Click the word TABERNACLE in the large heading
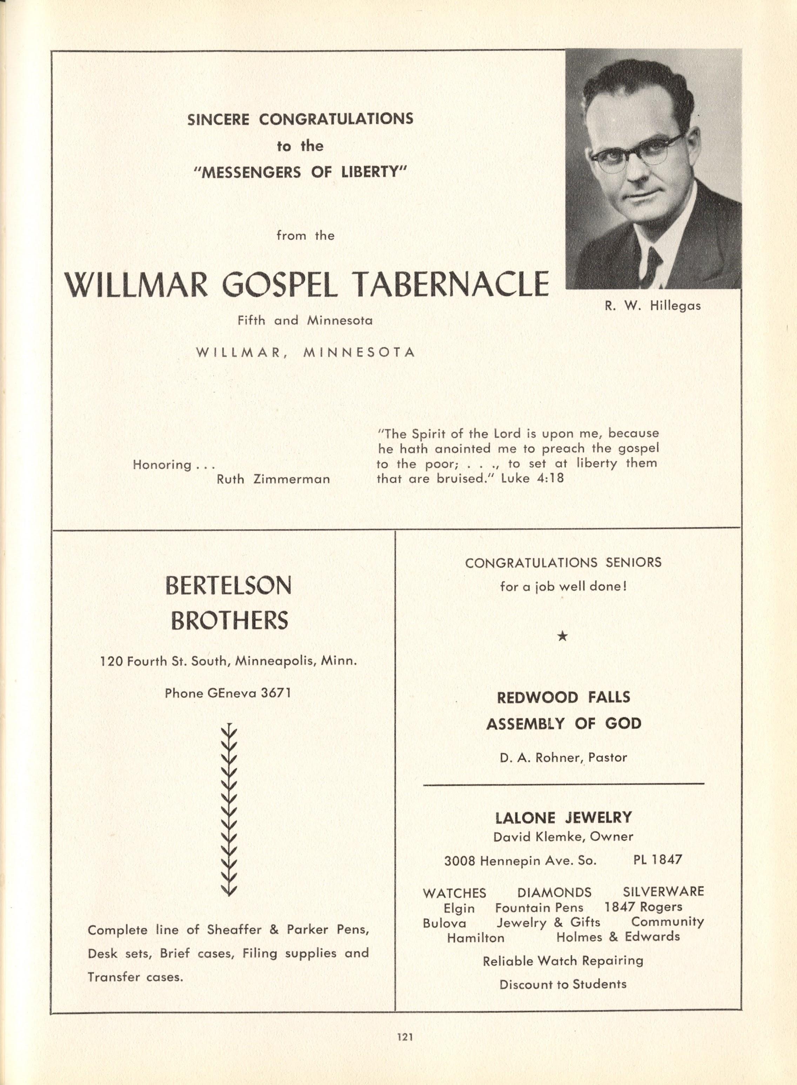pyautogui.click(x=451, y=284)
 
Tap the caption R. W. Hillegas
pyautogui.click(x=653, y=306)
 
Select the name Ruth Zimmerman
pyautogui.click(x=274, y=480)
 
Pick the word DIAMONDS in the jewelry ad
pyautogui.click(x=554, y=892)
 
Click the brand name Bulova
pyautogui.click(x=444, y=923)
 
